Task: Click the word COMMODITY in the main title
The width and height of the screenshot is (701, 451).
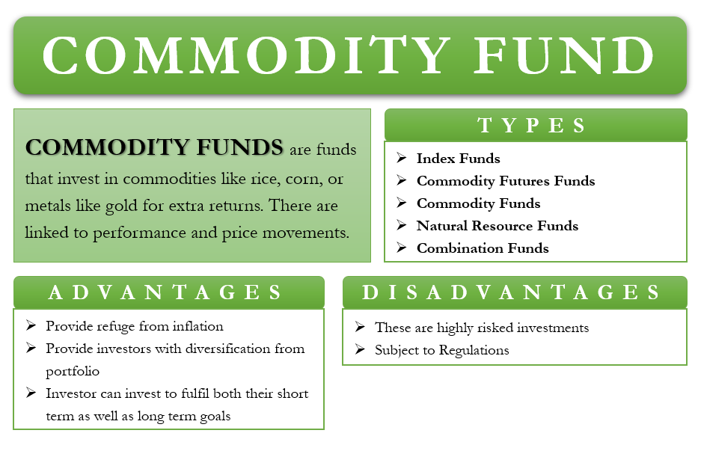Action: [x=246, y=55]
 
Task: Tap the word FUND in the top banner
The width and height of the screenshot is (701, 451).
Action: [x=564, y=55]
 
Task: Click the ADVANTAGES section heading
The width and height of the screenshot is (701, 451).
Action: [x=165, y=292]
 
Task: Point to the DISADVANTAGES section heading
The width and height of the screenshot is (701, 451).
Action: [x=511, y=292]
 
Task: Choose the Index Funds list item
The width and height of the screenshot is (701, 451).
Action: [x=459, y=159]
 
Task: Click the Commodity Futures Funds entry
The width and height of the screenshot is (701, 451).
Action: [x=506, y=181]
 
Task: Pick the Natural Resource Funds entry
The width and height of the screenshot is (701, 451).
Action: [x=498, y=226]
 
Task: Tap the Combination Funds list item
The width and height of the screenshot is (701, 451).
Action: [x=483, y=248]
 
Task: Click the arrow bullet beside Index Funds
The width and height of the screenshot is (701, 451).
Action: [x=402, y=158]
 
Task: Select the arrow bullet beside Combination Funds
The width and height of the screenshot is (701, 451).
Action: [x=402, y=248]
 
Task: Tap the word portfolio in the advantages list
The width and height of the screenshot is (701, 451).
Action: [x=73, y=372]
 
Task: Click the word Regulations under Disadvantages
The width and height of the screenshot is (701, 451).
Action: [x=474, y=350]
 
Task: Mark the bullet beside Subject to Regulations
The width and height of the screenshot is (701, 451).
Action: [x=360, y=349]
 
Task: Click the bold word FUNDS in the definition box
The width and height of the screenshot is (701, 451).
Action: [x=239, y=147]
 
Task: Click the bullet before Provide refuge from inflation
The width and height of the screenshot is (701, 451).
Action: [x=31, y=325]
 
